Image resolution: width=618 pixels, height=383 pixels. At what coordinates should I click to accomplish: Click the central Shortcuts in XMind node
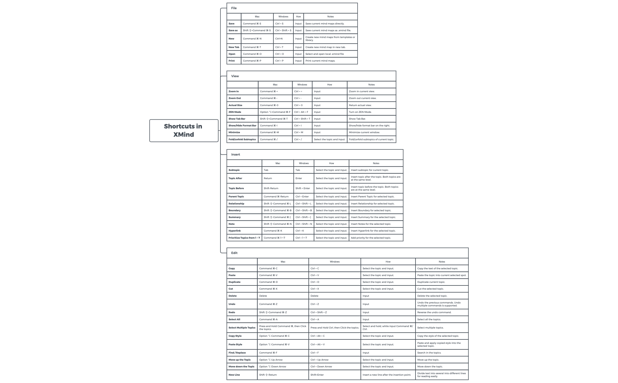coord(184,131)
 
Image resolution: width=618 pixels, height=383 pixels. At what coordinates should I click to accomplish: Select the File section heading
coord(234,8)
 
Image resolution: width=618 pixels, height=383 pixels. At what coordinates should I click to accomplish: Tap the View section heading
coord(235,76)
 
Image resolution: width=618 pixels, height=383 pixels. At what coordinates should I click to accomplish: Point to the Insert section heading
coord(235,154)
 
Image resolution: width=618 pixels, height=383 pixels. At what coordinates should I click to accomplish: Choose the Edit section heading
coord(234,253)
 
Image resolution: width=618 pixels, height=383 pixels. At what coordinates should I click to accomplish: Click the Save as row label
coord(233,30)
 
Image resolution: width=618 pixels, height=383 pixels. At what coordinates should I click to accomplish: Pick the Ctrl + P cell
coord(279,61)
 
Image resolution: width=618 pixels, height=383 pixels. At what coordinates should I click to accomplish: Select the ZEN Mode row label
coord(235,112)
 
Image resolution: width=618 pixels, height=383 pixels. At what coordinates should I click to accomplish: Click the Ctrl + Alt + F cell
coord(301,112)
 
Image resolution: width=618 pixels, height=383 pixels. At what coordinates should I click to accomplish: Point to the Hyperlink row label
coord(235,231)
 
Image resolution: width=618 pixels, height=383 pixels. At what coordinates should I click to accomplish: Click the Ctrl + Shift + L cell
coord(303,204)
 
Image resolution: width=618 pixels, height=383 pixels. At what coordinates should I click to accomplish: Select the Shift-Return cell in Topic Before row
coord(271,188)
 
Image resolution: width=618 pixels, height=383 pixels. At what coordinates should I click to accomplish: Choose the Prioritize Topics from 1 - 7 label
coord(244,238)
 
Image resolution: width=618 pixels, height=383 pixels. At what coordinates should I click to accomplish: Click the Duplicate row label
coord(235,282)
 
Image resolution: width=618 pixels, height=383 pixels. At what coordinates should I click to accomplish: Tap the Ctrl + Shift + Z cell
coord(318,312)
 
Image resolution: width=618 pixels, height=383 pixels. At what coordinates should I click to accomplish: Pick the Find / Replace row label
coord(237,353)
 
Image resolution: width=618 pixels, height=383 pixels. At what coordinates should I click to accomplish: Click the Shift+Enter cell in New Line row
coord(317,375)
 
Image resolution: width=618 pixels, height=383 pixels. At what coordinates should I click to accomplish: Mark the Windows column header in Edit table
coord(335,262)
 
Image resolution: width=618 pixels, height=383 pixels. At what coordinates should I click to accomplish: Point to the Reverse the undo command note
coord(434,312)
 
